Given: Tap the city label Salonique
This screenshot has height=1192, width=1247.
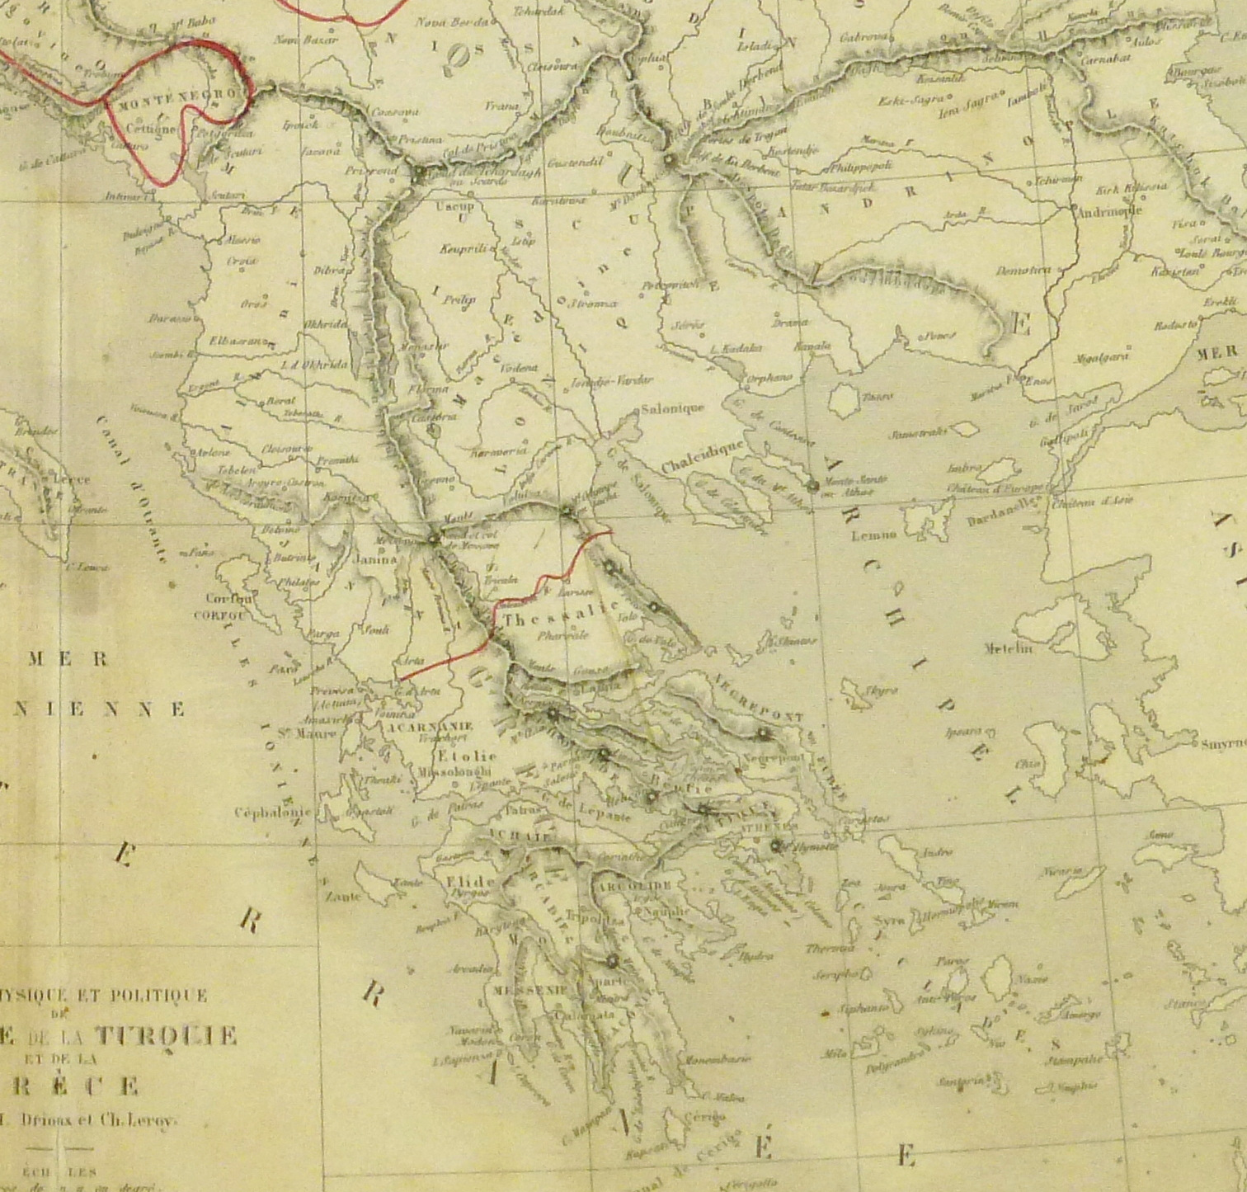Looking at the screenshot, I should pos(674,408).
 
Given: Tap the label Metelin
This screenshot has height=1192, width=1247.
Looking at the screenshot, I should pos(1008,648).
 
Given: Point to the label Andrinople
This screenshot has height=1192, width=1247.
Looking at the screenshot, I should pos(1110,210).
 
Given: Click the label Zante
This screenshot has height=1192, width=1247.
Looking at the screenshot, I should pos(343,896).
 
